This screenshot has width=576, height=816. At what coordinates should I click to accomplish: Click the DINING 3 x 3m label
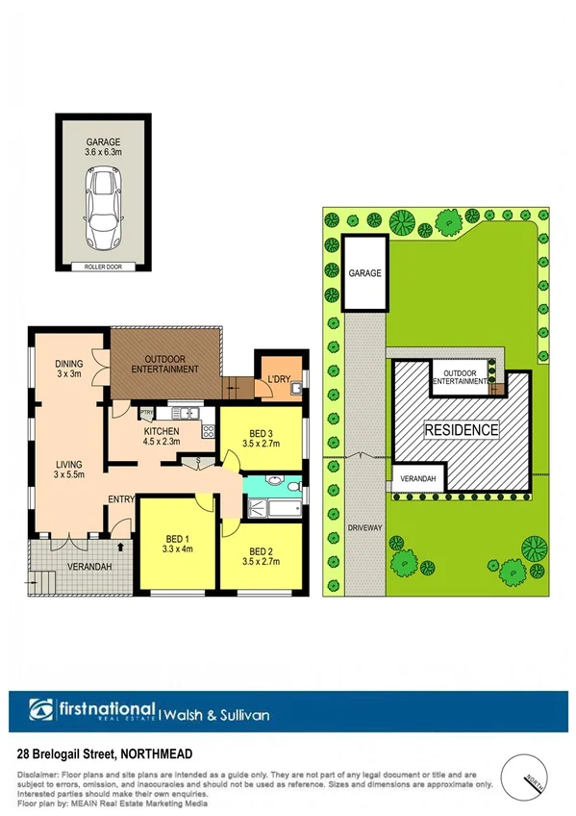click(69, 369)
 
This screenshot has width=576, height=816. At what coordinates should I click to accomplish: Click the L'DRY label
click(280, 378)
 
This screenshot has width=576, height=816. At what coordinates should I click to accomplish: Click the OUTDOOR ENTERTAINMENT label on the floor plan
click(164, 363)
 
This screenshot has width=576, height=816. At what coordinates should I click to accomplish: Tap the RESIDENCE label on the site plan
click(462, 430)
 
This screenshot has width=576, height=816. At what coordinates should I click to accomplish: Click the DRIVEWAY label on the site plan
click(363, 528)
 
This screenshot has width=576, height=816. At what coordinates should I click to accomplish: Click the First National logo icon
click(40, 714)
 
